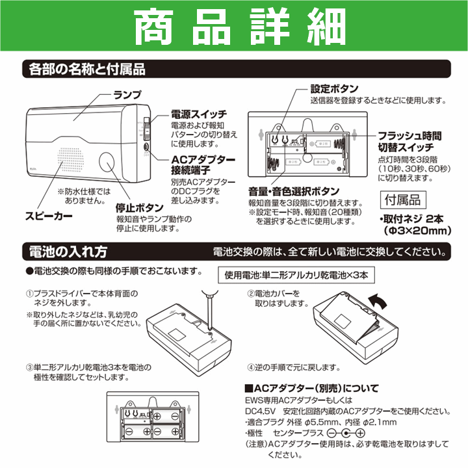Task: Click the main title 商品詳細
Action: pyautogui.click(x=234, y=28)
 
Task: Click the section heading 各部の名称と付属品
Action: pyautogui.click(x=84, y=69)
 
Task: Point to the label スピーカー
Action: pyautogui.click(x=49, y=215)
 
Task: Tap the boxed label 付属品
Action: pyautogui.click(x=403, y=200)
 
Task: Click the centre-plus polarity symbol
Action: pyautogui.click(x=348, y=434)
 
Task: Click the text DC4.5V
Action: pyautogui.click(x=259, y=411)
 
